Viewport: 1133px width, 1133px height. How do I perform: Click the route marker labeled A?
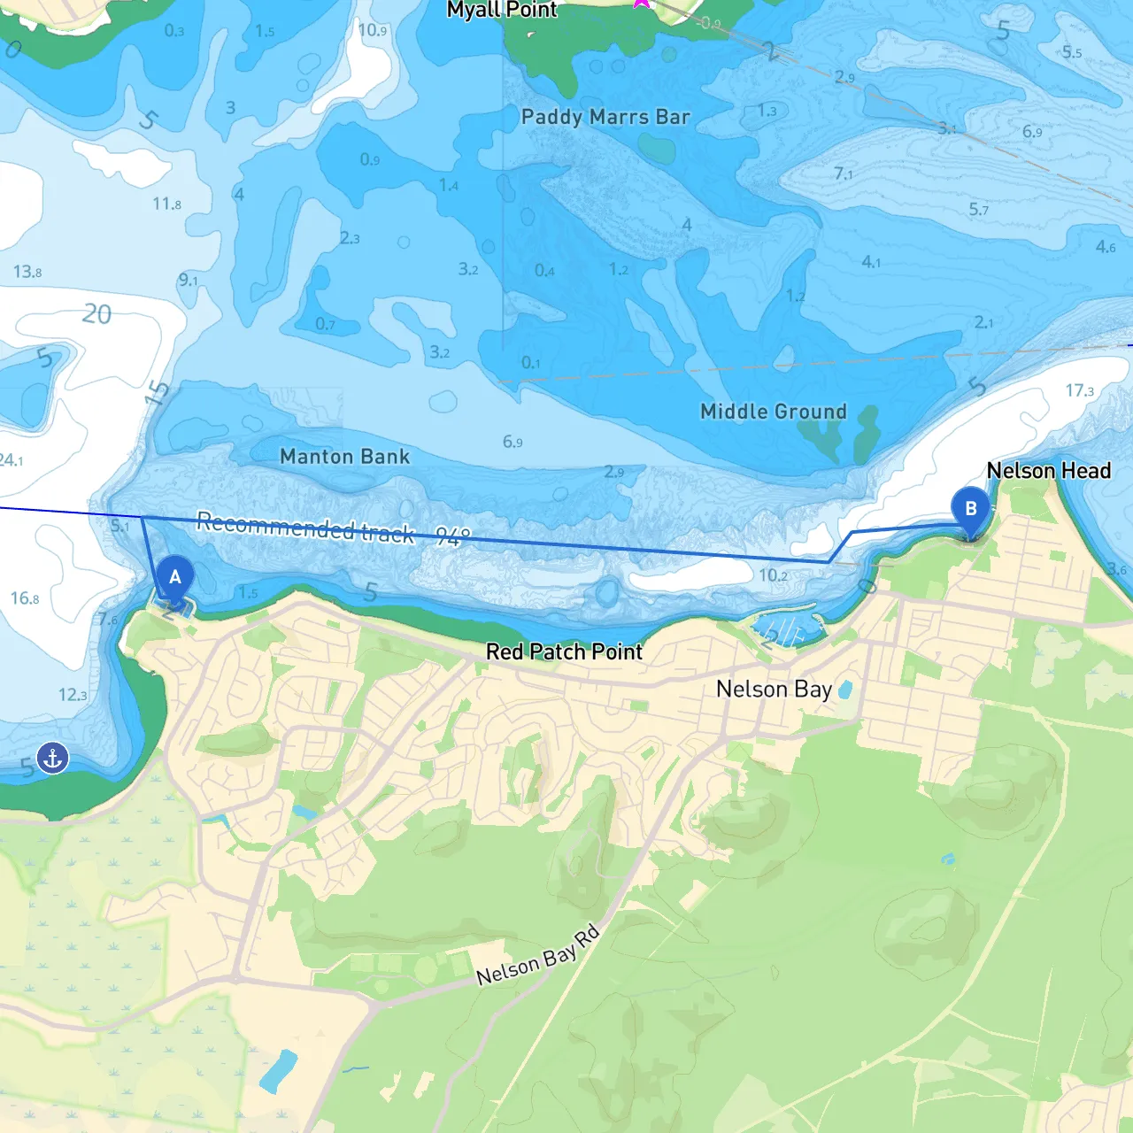tap(175, 578)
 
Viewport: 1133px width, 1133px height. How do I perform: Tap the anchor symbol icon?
tap(53, 759)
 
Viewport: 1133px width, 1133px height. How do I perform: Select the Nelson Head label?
tap(1048, 471)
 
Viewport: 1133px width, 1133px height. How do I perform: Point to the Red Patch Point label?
tap(564, 652)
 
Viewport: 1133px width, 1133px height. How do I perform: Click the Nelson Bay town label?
tap(774, 690)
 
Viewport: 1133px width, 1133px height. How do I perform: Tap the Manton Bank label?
tap(344, 457)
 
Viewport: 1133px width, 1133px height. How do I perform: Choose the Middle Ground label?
tap(773, 412)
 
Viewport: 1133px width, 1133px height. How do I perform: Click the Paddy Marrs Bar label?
tap(605, 117)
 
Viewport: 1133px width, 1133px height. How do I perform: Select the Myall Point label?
tap(501, 11)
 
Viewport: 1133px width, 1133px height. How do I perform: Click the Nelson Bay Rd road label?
tap(538, 956)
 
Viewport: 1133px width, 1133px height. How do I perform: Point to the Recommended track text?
tap(304, 527)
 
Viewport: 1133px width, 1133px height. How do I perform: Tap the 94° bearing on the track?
tap(453, 536)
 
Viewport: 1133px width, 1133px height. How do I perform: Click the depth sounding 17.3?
tap(1079, 390)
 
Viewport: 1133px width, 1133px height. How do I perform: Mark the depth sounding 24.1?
tap(11, 460)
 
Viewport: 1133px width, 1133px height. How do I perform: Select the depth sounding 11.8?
tap(166, 204)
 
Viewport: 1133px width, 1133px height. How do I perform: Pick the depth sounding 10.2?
tap(773, 575)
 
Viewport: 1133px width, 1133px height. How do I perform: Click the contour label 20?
tap(96, 314)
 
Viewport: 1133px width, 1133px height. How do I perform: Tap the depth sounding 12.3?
tap(73, 695)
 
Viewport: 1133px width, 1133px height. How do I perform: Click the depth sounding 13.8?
tap(27, 272)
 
